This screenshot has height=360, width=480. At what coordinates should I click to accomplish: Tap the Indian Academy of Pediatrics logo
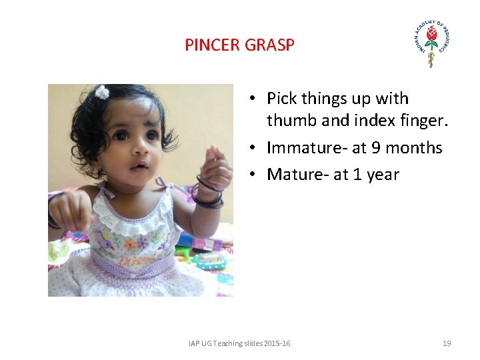coord(431,44)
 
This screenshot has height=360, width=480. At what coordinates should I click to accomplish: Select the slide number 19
coord(447,343)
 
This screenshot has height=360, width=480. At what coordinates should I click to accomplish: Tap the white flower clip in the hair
coord(102,92)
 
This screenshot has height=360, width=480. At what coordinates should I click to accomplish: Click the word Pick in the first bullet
coord(282,99)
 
